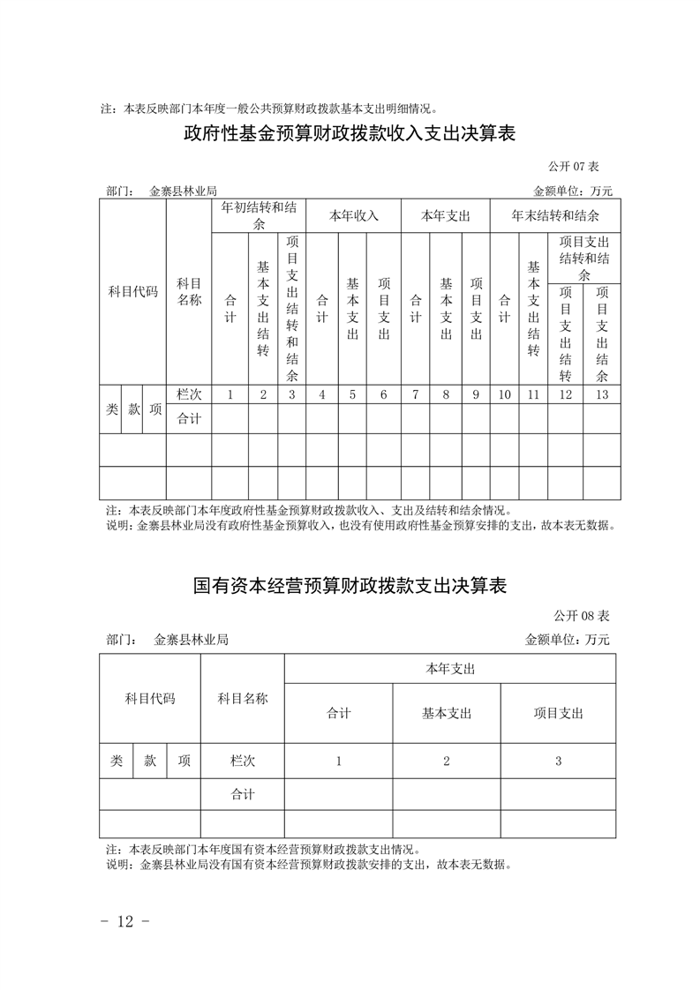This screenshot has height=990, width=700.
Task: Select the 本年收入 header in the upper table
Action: point(353,215)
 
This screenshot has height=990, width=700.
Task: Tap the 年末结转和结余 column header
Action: point(555,215)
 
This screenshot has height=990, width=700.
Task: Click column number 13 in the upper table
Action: point(602,394)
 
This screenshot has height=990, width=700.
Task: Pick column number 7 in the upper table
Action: point(414,394)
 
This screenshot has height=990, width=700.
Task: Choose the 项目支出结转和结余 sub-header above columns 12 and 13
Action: point(583,258)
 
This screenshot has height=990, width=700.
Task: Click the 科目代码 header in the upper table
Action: point(132,291)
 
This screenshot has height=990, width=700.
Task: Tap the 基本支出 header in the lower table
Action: point(446,713)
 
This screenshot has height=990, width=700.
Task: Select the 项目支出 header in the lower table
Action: point(558,713)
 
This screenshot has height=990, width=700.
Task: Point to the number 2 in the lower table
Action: point(446,761)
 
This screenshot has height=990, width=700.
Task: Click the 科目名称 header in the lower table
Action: point(242,698)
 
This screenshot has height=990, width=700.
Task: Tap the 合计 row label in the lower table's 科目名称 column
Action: point(242,794)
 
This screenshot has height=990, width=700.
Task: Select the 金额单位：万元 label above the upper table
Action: point(572,191)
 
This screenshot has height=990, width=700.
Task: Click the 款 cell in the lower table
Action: point(150,761)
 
